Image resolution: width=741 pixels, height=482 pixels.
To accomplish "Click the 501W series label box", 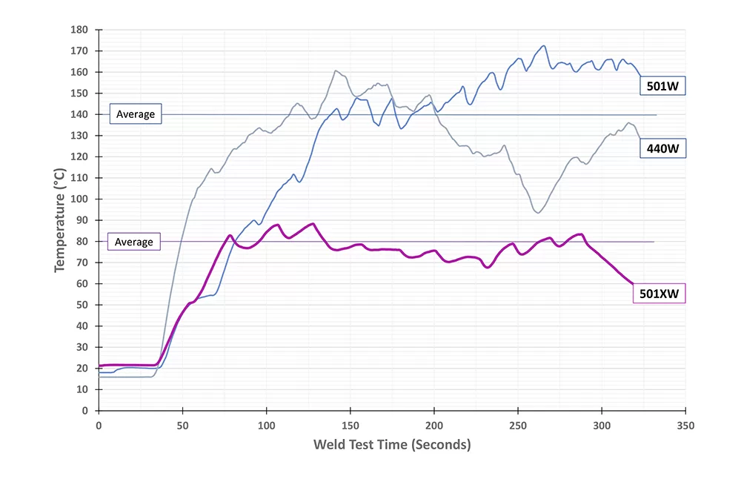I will pyautogui.click(x=662, y=87).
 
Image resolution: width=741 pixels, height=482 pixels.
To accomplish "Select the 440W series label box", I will pyautogui.click(x=662, y=149).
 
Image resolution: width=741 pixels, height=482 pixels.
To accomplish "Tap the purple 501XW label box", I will pyautogui.click(x=659, y=294).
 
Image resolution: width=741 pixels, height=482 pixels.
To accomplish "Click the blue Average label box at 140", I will pyautogui.click(x=135, y=114).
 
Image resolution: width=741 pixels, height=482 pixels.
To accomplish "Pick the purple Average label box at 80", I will pyautogui.click(x=134, y=242).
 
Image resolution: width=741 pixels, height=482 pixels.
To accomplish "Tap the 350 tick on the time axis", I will pyautogui.click(x=685, y=426).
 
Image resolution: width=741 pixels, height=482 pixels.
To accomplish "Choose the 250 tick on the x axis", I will pyautogui.click(x=518, y=426).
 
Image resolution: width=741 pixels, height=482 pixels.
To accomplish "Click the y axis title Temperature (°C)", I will pyautogui.click(x=60, y=220).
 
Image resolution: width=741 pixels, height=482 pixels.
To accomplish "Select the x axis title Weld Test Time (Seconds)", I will pyautogui.click(x=392, y=445).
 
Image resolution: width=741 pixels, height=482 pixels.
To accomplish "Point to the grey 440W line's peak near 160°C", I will pyautogui.click(x=336, y=71).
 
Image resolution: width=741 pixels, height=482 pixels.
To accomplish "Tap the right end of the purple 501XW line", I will pyautogui.click(x=633, y=283).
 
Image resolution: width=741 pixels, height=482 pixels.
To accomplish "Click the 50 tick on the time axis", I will pyautogui.click(x=182, y=426).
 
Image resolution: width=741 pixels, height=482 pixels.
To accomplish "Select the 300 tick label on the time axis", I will pyautogui.click(x=602, y=426).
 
